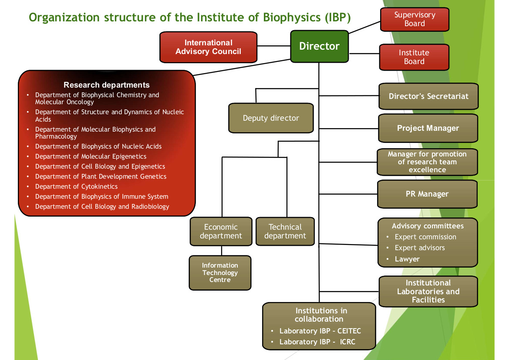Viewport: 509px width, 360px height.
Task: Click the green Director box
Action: (320, 47)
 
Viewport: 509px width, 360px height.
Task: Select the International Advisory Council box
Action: (209, 47)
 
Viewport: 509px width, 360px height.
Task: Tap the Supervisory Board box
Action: (415, 20)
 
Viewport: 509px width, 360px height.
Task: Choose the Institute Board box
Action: (414, 57)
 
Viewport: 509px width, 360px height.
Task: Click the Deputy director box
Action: (271, 118)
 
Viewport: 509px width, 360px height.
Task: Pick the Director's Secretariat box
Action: (428, 96)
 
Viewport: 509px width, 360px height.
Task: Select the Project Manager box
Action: (428, 128)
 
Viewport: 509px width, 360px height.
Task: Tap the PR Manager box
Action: (427, 194)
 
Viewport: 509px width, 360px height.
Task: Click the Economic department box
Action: (221, 231)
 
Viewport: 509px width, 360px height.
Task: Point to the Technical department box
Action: (285, 231)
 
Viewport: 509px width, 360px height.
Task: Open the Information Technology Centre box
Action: (220, 272)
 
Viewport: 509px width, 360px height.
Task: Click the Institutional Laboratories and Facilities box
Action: (428, 292)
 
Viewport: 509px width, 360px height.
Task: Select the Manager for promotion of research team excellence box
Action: (427, 162)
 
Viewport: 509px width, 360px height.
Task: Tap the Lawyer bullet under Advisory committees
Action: (407, 259)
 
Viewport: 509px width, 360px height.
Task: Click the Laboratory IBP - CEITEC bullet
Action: (320, 331)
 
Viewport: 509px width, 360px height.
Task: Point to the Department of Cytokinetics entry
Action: (76, 187)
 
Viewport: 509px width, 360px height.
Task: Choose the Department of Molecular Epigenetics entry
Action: (91, 156)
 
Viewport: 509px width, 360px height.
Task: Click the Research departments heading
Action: (107, 85)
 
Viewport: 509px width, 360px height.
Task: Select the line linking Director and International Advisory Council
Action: (273, 46)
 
